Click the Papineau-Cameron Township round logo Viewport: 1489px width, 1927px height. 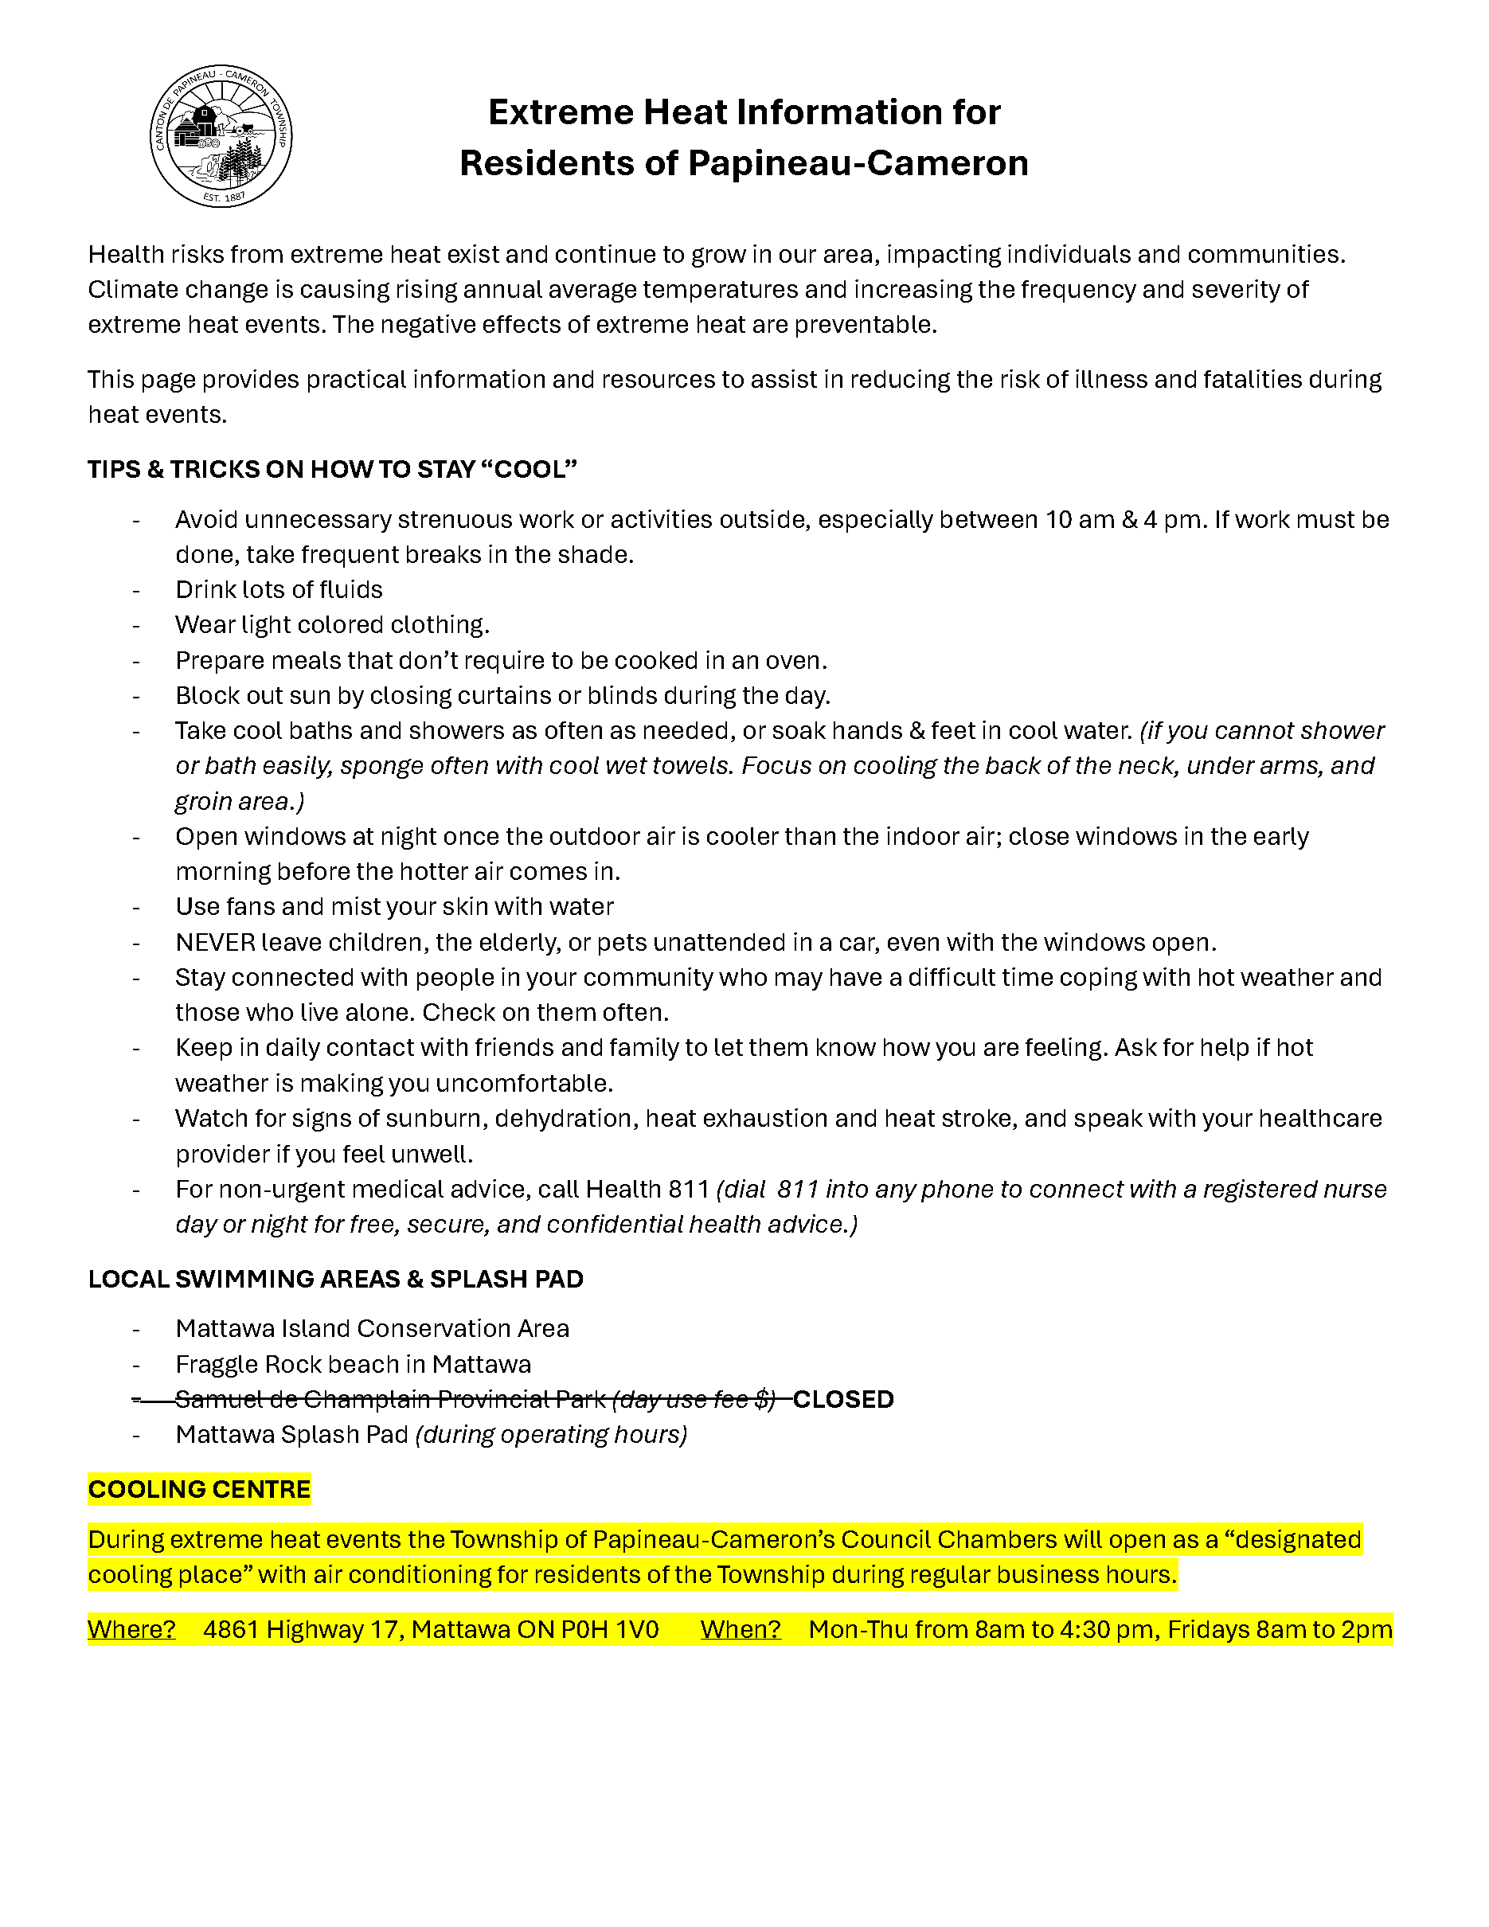tap(221, 136)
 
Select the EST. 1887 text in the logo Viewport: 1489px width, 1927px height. tap(223, 197)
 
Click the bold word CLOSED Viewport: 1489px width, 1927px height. tap(843, 1399)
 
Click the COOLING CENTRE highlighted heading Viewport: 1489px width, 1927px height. tap(199, 1489)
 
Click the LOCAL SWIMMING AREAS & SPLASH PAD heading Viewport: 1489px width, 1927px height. tap(335, 1280)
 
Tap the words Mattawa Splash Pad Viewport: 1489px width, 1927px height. tap(291, 1435)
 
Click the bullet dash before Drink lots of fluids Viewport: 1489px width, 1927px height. tap(136, 589)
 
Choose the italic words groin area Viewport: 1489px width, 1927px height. tap(234, 801)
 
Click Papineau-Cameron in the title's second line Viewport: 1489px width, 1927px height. tap(858, 164)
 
